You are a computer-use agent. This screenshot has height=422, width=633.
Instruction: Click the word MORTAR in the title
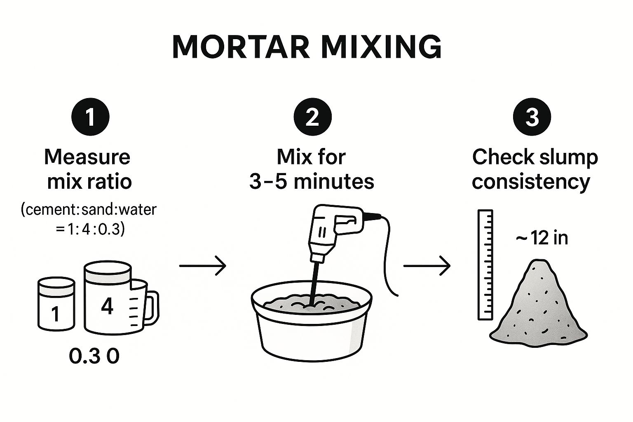coord(241,47)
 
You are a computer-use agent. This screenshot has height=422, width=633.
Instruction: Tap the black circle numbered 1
coord(90,117)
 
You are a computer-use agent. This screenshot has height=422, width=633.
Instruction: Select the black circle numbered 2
coord(312,117)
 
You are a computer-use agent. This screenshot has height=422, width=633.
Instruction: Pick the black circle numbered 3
coord(532,117)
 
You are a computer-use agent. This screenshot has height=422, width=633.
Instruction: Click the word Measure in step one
coord(87,157)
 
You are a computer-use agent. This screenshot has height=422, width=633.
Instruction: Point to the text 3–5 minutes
coord(312,181)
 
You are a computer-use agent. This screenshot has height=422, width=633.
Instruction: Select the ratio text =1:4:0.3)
coord(90,230)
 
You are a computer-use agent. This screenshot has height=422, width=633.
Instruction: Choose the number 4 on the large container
coord(107,306)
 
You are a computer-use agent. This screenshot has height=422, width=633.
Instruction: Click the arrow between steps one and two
coord(203,266)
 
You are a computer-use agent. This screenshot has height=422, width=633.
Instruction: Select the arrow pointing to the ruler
coord(427,266)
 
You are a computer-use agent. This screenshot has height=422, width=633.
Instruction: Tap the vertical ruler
coord(485,265)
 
